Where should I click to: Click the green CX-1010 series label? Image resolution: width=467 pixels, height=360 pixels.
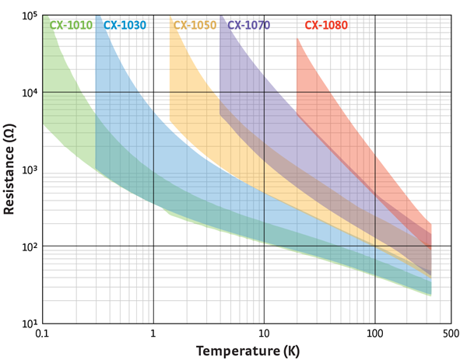click(71, 25)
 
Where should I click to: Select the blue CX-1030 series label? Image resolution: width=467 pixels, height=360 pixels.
click(125, 25)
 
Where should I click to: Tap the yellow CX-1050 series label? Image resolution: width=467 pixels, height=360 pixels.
click(195, 25)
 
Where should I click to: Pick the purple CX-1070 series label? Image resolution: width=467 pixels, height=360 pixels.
click(249, 25)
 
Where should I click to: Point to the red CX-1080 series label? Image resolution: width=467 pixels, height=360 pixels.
click(326, 25)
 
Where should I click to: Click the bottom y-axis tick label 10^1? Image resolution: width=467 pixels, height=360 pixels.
click(29, 323)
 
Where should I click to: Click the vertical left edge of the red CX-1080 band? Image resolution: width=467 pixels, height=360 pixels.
click(297, 78)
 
